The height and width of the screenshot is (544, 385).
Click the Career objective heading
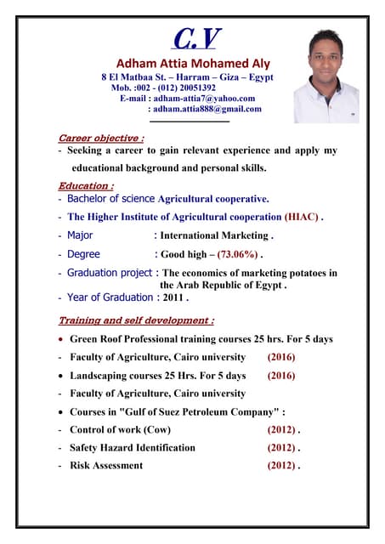[100, 138]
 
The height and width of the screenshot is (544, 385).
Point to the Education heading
[86, 185]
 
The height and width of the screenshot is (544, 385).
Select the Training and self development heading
[135, 320]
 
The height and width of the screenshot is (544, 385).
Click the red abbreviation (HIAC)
[303, 217]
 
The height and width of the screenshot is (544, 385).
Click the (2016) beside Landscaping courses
[282, 375]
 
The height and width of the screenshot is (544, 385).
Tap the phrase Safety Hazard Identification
[133, 447]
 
